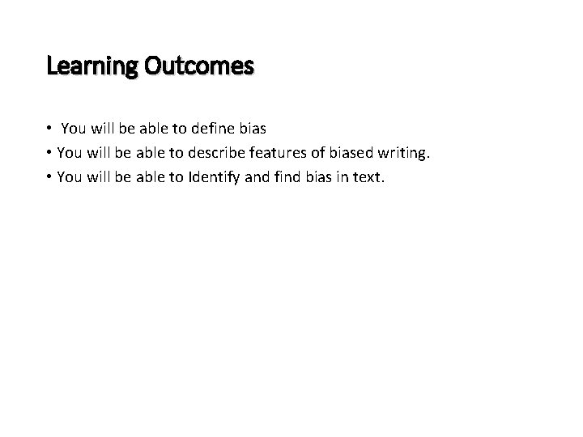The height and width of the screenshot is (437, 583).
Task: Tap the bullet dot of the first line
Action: pos(49,128)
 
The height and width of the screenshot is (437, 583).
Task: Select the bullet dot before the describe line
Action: pos(49,152)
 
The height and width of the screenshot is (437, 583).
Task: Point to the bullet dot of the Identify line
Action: pos(49,176)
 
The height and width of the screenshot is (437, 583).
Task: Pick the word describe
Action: pos(211,152)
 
